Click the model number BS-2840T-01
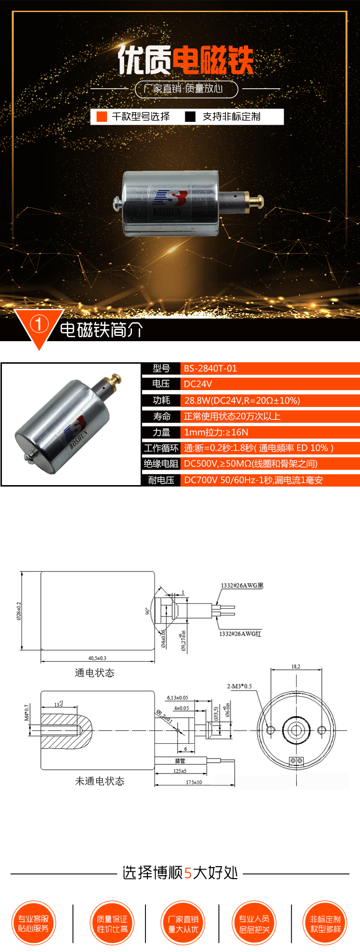click(210, 369)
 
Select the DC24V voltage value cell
click(198, 384)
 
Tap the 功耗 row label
click(161, 400)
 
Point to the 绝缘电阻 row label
click(161, 464)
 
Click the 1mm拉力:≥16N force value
click(216, 432)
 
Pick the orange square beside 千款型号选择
click(101, 117)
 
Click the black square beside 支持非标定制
click(190, 117)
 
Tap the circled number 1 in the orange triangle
click(38, 325)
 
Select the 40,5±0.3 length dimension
click(97, 658)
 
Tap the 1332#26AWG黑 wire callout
click(242, 585)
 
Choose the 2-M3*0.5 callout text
click(239, 686)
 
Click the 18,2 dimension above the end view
click(296, 666)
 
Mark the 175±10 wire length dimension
click(194, 782)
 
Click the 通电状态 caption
click(95, 673)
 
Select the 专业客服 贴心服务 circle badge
click(34, 923)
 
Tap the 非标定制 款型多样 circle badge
click(325, 923)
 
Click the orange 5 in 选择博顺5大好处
click(188, 872)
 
